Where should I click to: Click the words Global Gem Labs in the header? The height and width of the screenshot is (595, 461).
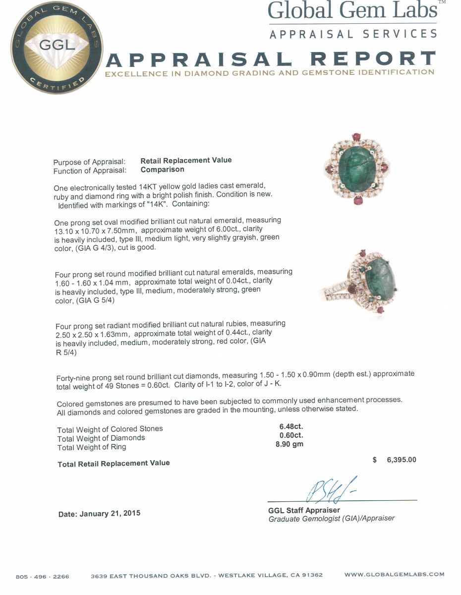352,11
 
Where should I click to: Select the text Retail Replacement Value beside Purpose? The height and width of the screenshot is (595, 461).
186,160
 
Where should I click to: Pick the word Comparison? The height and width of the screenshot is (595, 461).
162,169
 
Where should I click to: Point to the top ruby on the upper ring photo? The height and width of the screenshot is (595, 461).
356,137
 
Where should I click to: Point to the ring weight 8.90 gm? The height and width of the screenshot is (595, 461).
289,444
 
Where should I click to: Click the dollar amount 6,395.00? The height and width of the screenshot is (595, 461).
401,460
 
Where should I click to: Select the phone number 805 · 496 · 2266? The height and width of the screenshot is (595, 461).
43,577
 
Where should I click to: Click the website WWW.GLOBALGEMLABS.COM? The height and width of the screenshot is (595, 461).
394,575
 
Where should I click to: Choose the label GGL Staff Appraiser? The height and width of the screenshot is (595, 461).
304,510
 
